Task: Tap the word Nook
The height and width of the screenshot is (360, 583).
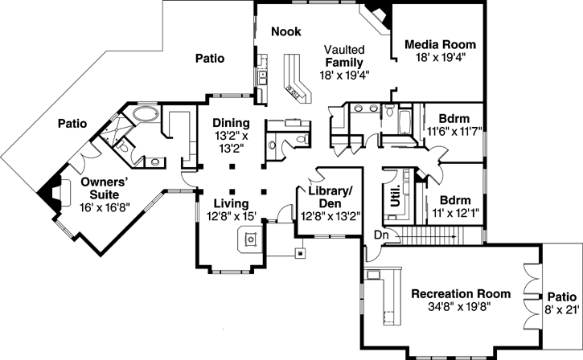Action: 285,31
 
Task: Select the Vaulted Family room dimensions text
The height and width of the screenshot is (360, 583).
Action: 344,74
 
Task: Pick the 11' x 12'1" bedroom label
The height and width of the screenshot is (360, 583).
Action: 450,207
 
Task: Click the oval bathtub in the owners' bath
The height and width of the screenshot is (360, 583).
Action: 146,113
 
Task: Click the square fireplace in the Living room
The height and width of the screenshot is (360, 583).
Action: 251,239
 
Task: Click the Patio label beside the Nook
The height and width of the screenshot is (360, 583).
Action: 207,59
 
